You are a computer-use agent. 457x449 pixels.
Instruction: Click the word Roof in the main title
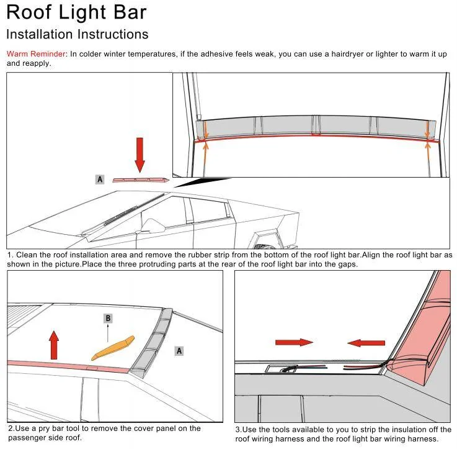click(29, 12)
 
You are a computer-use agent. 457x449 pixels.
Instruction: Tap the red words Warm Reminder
click(36, 54)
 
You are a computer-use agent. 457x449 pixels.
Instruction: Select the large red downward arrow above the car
click(140, 155)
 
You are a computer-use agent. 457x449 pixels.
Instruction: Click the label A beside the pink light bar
click(100, 179)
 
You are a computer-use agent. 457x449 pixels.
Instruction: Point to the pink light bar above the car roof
click(141, 180)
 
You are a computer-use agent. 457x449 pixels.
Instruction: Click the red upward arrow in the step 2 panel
click(54, 345)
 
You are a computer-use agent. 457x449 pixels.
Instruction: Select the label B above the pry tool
click(108, 318)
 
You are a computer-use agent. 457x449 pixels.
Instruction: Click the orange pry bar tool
click(113, 348)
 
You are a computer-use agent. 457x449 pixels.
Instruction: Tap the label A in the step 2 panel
click(179, 351)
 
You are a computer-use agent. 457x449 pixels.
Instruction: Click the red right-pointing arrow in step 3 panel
click(294, 342)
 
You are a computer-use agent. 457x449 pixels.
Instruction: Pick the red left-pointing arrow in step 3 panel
click(366, 343)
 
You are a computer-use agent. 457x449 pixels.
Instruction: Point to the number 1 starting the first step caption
click(9, 255)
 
